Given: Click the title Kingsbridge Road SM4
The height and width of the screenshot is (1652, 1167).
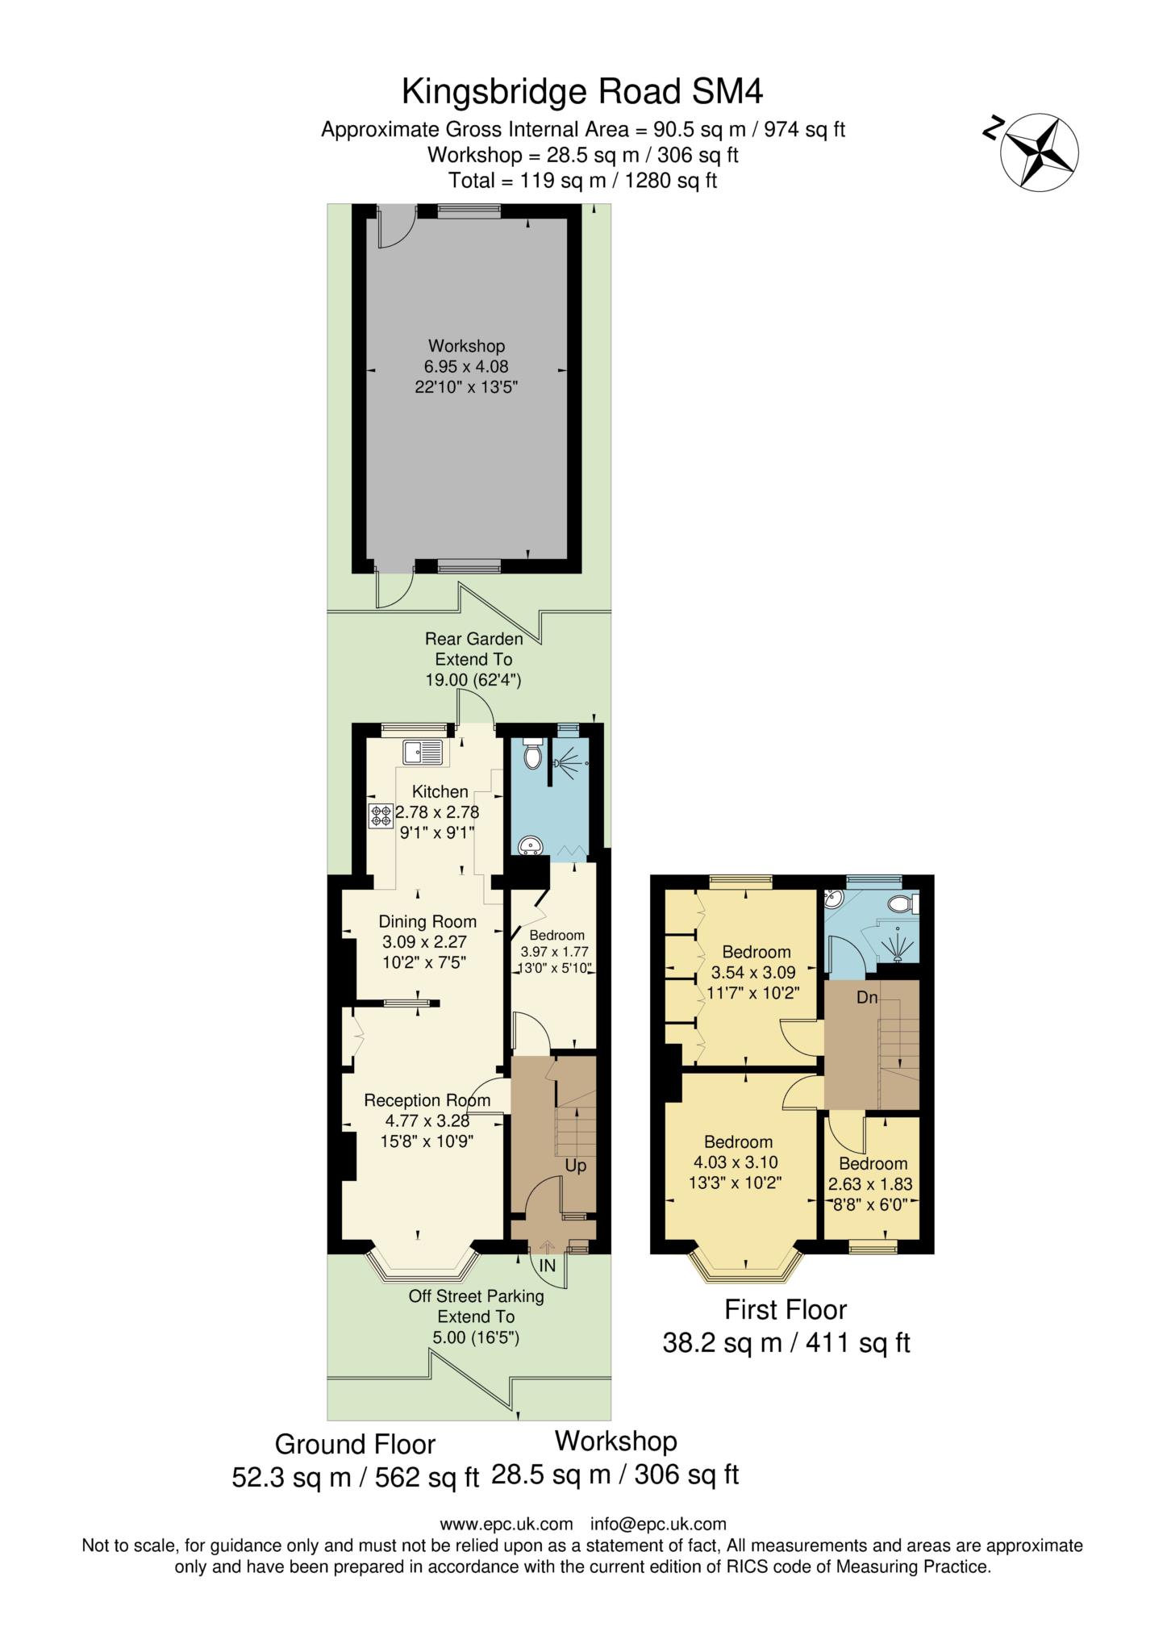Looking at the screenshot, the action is pos(582,91).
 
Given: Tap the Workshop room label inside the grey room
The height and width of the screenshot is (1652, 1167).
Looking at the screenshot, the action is pos(467,346).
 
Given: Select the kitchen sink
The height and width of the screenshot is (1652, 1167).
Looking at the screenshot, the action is pos(423,752).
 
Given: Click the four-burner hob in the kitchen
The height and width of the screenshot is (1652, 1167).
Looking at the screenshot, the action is pos(381,816).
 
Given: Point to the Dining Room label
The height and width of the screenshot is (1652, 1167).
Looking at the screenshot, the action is pos(427,921).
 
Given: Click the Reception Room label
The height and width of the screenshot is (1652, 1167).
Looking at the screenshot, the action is pos(427,1100).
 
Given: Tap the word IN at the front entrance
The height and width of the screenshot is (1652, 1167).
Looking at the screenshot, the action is pos(548,1266).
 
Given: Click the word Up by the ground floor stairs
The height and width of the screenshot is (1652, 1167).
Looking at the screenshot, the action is pos(576,1166).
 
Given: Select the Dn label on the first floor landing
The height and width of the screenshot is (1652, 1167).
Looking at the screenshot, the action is pos(867,998).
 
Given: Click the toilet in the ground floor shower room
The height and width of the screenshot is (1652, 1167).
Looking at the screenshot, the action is pos(532,754).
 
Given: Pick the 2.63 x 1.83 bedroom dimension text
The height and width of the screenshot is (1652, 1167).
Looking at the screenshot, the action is pos(870,1185).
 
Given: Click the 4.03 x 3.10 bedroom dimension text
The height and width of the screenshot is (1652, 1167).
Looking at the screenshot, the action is pos(739,1162).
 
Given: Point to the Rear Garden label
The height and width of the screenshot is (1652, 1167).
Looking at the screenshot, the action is pos(474,639).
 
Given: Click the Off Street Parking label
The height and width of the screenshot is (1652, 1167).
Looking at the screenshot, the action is pos(476,1296).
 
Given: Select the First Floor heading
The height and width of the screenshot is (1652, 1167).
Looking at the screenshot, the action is pos(786,1309).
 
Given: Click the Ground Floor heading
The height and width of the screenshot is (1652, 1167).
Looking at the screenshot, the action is pos(355,1444).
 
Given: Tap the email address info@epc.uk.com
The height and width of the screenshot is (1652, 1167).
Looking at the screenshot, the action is pos(658,1524).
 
